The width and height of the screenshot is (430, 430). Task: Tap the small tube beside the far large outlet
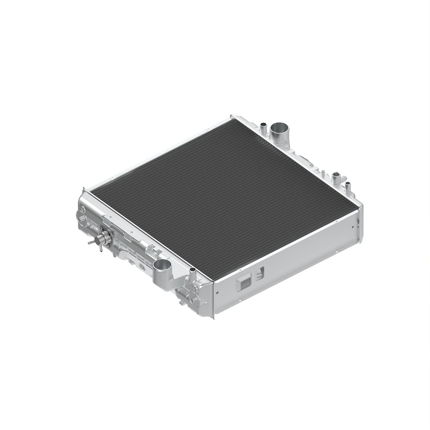[x=263, y=126]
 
